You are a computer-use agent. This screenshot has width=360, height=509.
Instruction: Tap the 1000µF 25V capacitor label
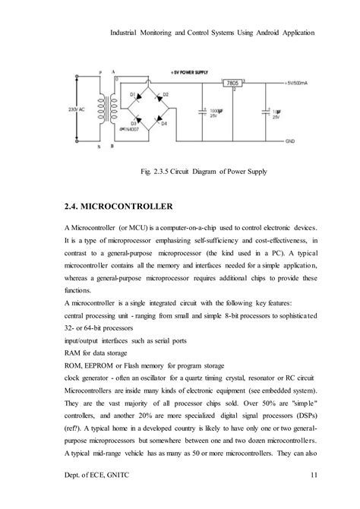coord(215,113)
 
